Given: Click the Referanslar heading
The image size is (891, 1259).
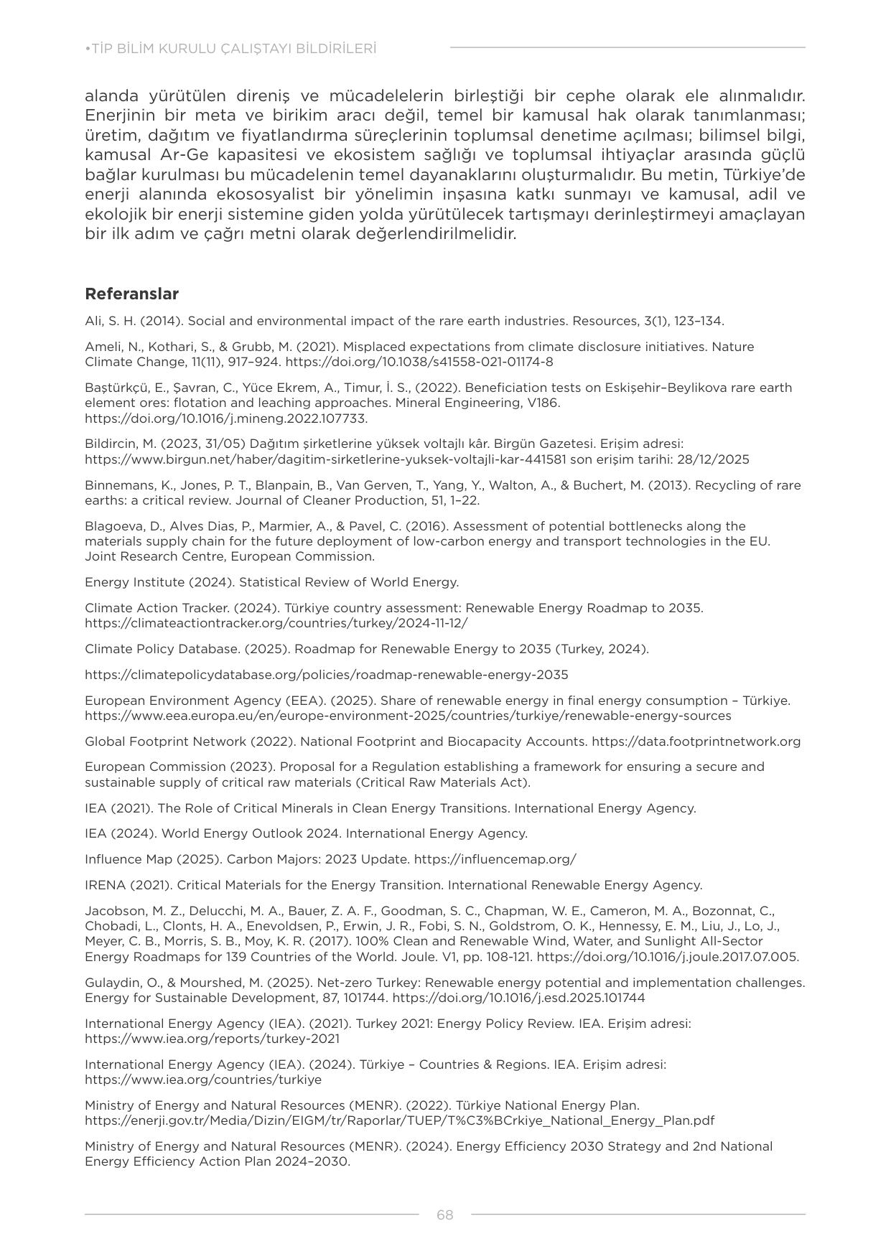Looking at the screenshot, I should (131, 294).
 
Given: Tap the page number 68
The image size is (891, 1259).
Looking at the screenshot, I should (444, 1214).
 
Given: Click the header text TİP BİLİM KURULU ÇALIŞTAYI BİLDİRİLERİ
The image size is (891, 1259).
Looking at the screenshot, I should (232, 49).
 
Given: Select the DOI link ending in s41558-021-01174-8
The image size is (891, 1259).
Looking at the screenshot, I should (419, 362).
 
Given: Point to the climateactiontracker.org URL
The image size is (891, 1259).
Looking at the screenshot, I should (276, 623).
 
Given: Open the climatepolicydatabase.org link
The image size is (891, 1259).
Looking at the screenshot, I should (326, 675).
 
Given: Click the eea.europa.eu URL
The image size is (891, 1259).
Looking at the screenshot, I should (408, 716).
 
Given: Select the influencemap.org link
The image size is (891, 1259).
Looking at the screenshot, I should (495, 859).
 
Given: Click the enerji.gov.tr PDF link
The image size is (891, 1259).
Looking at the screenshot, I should (399, 1120).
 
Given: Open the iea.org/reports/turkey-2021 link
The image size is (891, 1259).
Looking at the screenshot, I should (212, 1039).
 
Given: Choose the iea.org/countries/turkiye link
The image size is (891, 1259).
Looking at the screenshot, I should (203, 1080).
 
